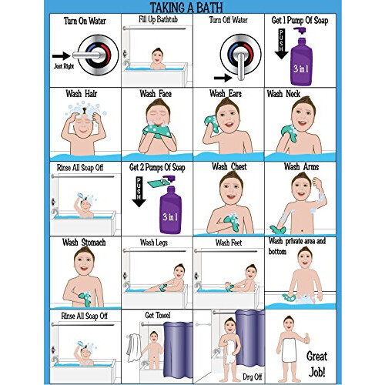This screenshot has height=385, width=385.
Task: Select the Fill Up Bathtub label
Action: point(156,18)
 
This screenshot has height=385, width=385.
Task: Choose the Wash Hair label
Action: point(84,94)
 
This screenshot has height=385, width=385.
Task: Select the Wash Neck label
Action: point(297,94)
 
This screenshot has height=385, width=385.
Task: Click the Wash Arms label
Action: point(302,166)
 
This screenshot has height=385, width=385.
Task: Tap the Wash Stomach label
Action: point(84,243)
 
